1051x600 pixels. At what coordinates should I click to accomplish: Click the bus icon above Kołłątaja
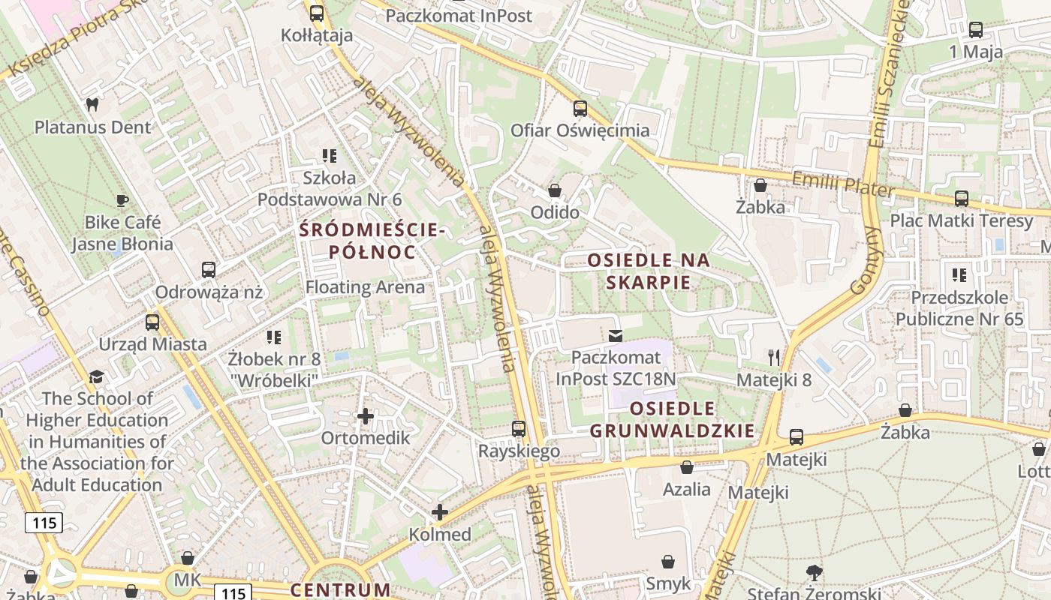point(316,13)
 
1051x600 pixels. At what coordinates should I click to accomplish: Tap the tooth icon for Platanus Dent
point(92,105)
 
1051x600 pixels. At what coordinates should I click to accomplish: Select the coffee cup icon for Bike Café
point(122,200)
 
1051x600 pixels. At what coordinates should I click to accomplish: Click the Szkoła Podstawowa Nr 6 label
point(330,188)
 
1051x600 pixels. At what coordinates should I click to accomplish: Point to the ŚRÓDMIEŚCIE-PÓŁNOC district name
point(372,241)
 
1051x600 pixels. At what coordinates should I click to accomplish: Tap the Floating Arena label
point(365,287)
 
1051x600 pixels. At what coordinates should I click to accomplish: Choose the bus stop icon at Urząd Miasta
point(152,322)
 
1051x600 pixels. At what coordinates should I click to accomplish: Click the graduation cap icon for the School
point(96,376)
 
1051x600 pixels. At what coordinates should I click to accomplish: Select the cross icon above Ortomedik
point(366,416)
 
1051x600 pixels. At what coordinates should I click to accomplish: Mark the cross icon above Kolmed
point(440,513)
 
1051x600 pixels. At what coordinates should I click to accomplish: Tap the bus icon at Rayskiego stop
point(519,429)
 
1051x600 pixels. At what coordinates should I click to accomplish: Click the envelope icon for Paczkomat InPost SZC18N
point(616,335)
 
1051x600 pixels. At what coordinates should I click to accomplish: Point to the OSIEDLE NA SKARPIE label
point(649,271)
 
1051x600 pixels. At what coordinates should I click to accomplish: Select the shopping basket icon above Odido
point(555,190)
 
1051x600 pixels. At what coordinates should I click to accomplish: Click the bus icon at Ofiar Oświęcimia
point(580,109)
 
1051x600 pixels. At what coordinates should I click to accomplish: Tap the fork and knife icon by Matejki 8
point(774,357)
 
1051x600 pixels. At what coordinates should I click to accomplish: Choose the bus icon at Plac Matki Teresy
point(961,199)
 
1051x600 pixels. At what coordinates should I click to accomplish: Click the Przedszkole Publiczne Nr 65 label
point(959,308)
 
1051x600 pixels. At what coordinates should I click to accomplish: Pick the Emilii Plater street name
point(844,184)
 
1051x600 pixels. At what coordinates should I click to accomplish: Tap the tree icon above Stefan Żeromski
point(815,573)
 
